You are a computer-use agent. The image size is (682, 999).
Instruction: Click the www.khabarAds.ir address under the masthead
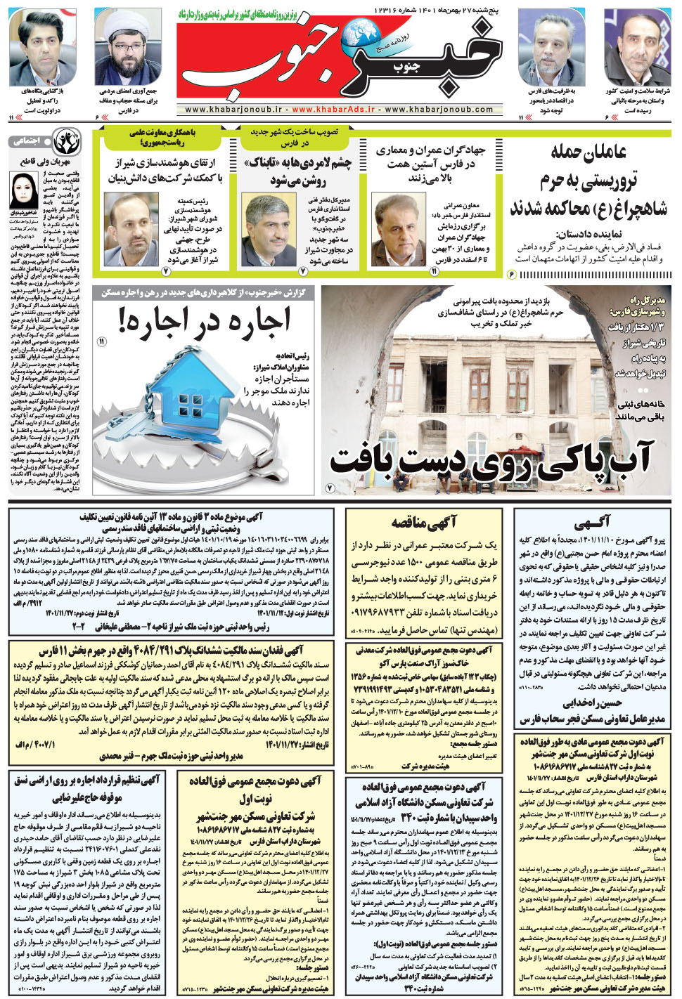coord(333,110)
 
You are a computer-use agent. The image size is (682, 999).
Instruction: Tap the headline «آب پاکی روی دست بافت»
coord(492,459)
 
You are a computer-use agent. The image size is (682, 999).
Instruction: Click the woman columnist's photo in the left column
coord(24,190)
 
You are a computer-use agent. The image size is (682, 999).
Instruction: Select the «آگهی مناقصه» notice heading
coord(424,521)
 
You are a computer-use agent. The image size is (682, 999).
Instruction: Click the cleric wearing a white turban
coord(128,46)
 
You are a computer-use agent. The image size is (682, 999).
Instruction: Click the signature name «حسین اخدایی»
coord(593,703)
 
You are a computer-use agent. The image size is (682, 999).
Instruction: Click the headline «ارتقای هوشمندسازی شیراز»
coord(165,170)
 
